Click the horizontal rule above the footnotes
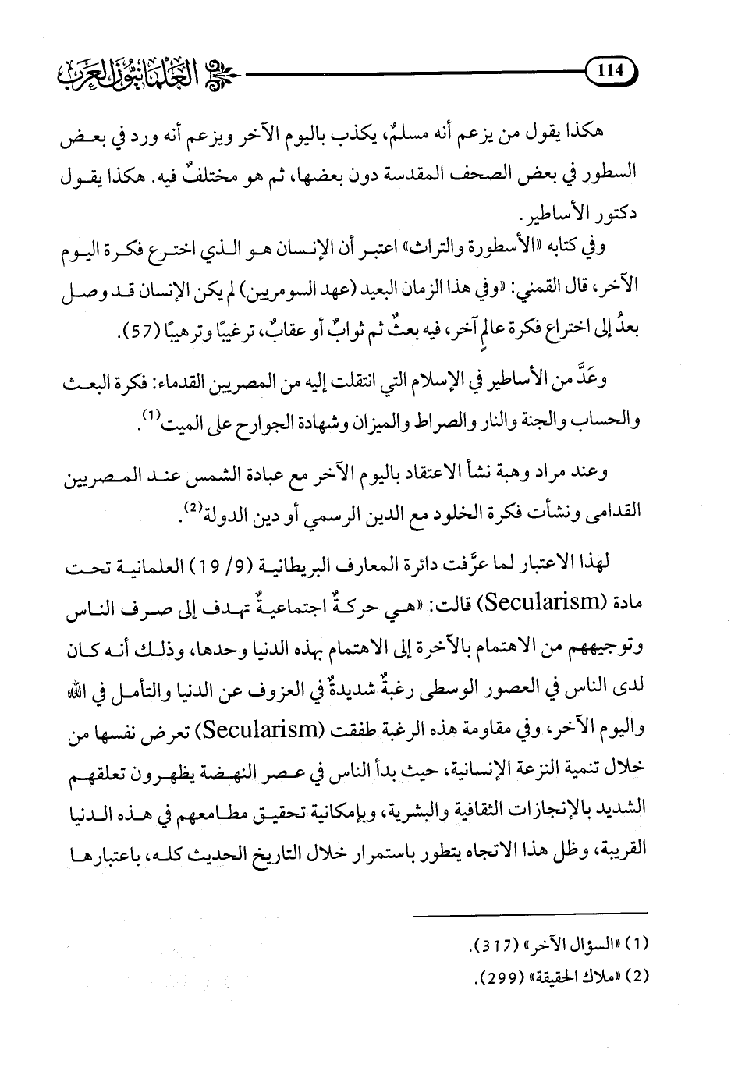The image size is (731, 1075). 530,935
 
